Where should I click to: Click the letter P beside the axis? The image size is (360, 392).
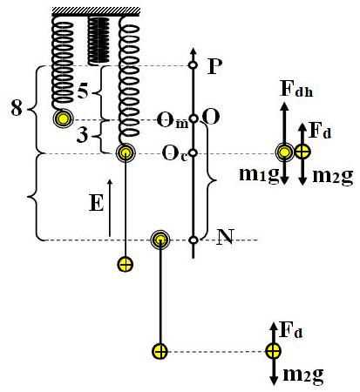tap(215, 67)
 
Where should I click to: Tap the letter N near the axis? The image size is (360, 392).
tap(226, 238)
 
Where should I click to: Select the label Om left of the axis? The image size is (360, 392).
tap(173, 120)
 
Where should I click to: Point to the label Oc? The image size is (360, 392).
tap(174, 154)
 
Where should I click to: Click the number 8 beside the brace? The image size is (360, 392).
tap(17, 108)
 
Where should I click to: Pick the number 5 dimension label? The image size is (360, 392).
tap(84, 91)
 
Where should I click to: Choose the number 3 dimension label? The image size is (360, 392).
tap(83, 134)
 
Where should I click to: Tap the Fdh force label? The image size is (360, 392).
tap(296, 90)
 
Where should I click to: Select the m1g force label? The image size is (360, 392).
tap(259, 175)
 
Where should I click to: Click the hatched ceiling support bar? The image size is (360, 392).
tap(96, 11)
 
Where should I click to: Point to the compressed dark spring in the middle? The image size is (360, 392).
tap(98, 40)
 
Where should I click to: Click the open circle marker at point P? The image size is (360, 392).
tap(192, 65)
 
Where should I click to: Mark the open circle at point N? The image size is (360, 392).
tap(194, 240)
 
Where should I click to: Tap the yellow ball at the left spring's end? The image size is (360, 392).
tap(63, 118)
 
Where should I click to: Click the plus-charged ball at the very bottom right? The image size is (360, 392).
tap(273, 351)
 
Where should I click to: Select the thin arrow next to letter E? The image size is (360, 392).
tap(110, 207)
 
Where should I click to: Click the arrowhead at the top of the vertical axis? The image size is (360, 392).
tap(192, 50)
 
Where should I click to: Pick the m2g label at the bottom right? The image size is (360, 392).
tap(302, 375)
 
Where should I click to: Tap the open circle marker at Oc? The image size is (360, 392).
tap(194, 152)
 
